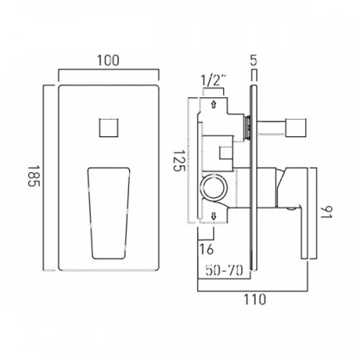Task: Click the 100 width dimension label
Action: pos(108,60)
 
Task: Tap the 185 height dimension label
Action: pos(33,176)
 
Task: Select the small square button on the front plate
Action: pos(109,127)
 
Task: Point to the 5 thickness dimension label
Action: pos(253,60)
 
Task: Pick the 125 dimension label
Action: pos(179,161)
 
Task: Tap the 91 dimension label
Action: pos(326,211)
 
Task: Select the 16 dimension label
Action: pos(206,250)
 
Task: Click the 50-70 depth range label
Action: pos(225,271)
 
